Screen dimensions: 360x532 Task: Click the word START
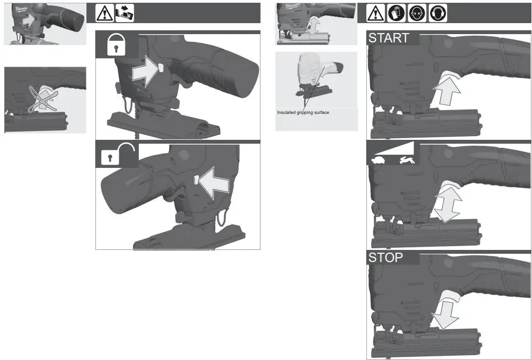(389, 38)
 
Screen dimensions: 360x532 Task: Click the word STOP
(386, 257)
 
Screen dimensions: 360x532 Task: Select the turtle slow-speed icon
(379, 161)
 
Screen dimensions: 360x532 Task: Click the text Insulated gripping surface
(303, 112)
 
